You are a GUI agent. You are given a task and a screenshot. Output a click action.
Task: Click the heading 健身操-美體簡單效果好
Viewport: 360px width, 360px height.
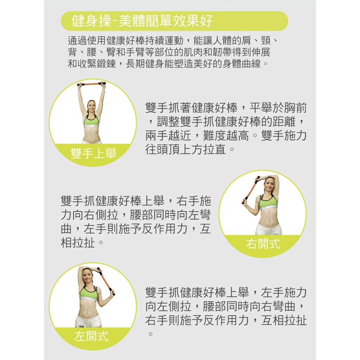[142, 21]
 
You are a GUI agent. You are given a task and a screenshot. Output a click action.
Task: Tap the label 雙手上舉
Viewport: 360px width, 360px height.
[93, 153]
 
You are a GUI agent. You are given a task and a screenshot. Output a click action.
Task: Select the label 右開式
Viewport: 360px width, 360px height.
[263, 244]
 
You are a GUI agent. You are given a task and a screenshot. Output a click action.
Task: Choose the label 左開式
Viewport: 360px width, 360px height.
[91, 336]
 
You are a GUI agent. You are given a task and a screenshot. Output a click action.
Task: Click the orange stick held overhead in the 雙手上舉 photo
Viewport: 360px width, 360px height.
[91, 84]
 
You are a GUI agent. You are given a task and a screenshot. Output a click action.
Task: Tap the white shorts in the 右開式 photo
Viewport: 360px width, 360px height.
[269, 229]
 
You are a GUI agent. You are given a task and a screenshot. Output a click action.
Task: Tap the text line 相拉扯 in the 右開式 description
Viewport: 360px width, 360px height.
[82, 243]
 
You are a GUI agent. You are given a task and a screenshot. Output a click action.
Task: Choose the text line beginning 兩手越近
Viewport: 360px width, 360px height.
[226, 135]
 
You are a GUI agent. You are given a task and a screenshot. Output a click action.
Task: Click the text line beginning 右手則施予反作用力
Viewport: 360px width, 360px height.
[226, 320]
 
